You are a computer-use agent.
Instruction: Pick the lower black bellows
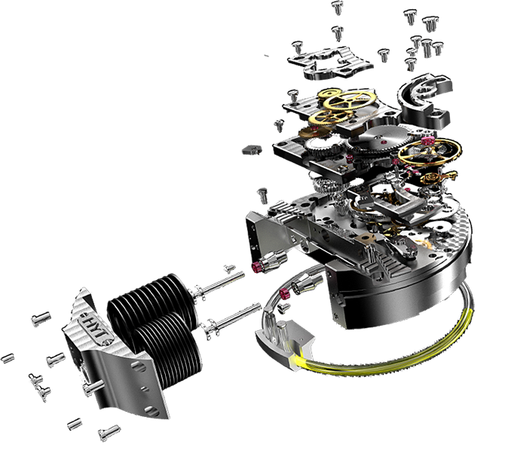(x=169, y=350)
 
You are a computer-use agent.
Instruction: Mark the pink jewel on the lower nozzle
(x=285, y=293)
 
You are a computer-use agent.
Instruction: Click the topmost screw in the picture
(x=337, y=7)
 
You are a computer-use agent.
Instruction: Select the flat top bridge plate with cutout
(x=330, y=63)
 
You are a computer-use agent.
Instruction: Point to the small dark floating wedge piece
(x=252, y=150)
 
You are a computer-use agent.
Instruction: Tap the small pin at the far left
(x=8, y=358)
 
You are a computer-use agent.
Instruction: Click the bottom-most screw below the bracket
(x=109, y=432)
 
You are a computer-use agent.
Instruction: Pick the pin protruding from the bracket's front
(x=93, y=387)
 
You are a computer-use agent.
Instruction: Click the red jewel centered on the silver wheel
(x=384, y=142)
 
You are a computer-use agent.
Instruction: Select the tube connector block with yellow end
(x=285, y=344)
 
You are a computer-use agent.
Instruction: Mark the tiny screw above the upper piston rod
(x=229, y=268)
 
